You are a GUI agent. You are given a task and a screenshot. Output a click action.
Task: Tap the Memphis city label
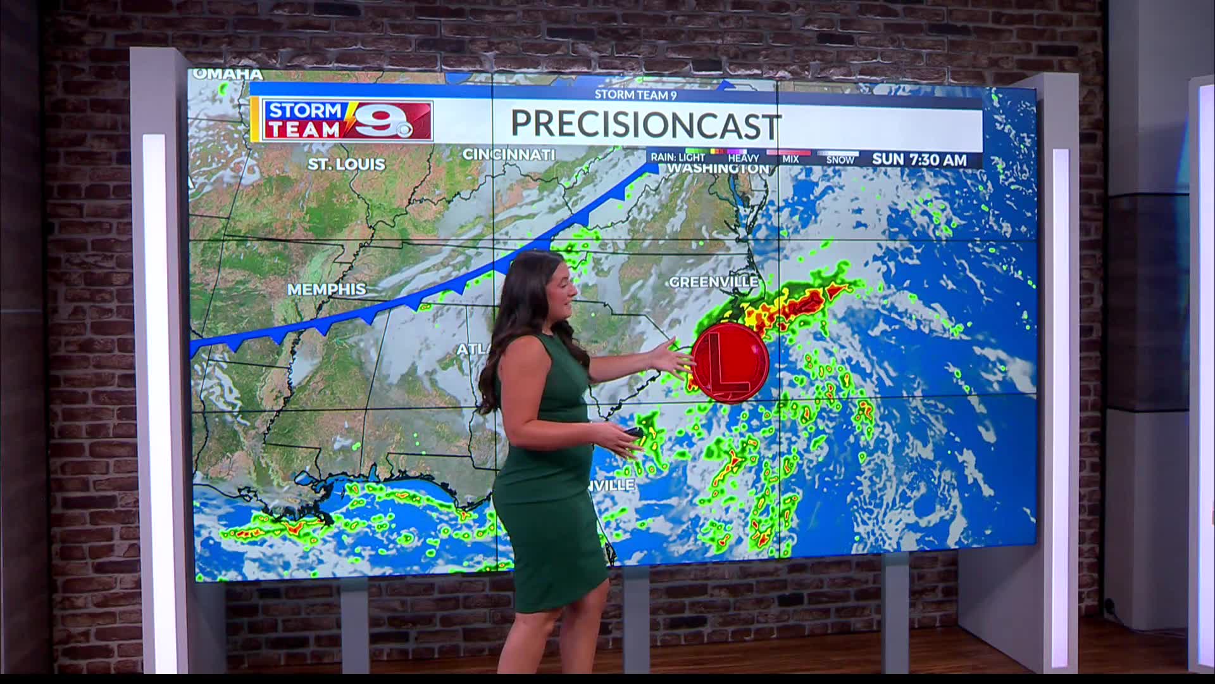click(327, 289)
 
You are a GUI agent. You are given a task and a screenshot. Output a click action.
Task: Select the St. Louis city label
click(346, 164)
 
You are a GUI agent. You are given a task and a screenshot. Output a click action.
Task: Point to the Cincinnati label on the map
click(508, 155)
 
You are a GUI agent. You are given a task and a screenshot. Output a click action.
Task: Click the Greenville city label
click(713, 281)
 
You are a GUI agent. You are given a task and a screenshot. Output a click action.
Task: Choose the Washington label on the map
click(718, 169)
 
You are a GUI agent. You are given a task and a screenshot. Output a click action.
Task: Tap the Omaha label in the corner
click(228, 74)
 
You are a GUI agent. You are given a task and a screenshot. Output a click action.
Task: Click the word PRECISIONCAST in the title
click(645, 125)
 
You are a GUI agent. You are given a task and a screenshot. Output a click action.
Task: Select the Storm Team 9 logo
click(348, 120)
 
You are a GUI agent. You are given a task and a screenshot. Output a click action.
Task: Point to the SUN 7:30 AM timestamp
click(919, 160)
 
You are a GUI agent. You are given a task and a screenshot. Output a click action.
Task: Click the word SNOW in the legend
click(840, 160)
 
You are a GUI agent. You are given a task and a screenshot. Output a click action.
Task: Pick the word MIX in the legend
click(790, 159)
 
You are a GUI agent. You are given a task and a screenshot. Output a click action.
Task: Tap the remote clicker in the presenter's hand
click(631, 432)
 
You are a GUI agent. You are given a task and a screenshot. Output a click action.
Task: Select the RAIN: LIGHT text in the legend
click(677, 157)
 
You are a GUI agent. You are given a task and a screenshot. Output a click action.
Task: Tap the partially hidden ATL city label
click(470, 350)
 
